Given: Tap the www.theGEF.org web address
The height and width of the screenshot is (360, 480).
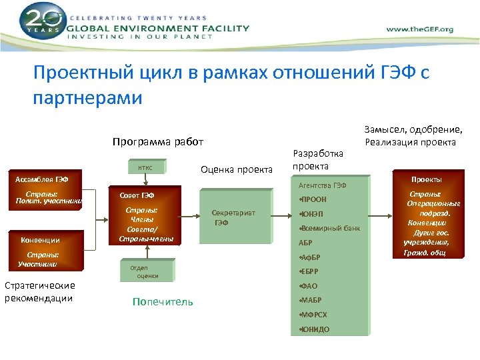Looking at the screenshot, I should (x=420, y=29).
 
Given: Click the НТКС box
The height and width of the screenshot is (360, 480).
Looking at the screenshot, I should (x=145, y=168).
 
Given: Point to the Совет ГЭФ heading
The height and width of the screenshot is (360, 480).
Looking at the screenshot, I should (x=137, y=195).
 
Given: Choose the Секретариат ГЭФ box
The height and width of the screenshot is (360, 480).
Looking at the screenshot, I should (x=233, y=217).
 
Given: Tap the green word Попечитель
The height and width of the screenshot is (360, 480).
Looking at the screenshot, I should (x=163, y=302).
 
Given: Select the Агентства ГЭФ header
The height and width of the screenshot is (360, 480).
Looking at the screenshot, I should (x=323, y=185).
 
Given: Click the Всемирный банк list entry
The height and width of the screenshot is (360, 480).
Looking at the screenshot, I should (x=330, y=228).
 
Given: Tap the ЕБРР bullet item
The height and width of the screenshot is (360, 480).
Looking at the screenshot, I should (x=309, y=271).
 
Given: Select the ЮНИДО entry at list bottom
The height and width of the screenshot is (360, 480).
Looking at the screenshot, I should (x=315, y=329).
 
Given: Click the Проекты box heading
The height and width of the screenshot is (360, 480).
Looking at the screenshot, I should (x=426, y=179).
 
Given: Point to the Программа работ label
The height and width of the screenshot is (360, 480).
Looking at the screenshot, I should (x=158, y=141).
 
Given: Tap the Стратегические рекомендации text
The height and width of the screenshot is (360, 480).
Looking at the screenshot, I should (x=39, y=292).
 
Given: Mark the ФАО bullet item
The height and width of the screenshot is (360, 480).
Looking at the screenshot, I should (x=308, y=286).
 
